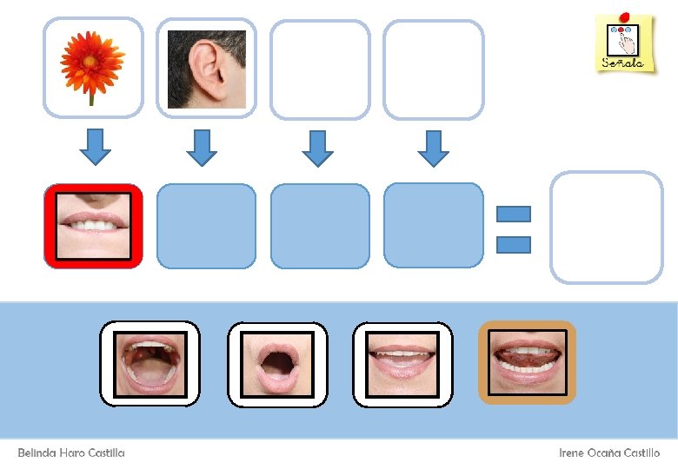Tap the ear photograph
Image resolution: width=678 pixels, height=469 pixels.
point(206,69)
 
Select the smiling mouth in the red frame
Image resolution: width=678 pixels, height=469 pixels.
point(93,225)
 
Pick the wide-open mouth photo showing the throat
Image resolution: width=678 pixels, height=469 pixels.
point(150,363)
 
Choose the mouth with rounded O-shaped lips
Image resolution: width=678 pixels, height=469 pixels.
point(277,364)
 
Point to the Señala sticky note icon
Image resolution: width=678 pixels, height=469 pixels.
point(624,43)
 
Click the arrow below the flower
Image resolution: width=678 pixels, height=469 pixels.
point(95,147)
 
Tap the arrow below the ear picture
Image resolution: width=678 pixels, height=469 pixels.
point(201,147)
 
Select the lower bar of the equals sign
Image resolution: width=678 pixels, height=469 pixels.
point(513,245)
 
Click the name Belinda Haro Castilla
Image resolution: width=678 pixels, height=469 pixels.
point(71,453)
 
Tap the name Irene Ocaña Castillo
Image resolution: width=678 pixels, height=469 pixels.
point(608,453)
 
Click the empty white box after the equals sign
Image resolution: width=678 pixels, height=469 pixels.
point(607,228)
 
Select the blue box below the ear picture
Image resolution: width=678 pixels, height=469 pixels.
point(206,226)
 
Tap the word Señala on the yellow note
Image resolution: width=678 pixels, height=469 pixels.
point(623,63)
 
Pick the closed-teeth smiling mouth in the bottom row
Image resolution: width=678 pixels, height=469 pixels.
point(402,363)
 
